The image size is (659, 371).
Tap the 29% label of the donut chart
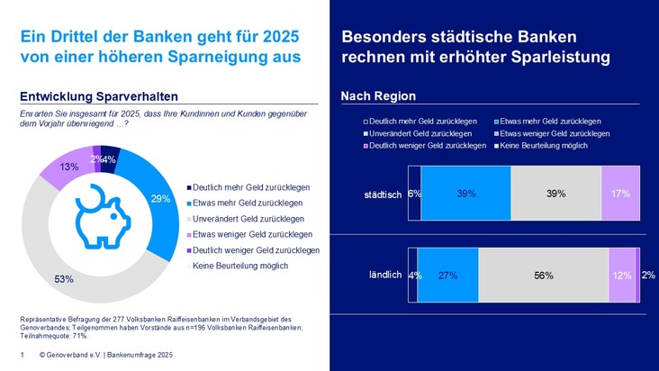(161, 199)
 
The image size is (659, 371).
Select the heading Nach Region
(377, 96)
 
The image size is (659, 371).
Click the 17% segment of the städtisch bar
(620, 193)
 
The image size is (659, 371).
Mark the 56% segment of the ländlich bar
(543, 276)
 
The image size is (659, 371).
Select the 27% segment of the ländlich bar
(447, 276)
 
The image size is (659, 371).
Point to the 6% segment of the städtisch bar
(414, 193)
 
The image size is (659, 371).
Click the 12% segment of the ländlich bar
(621, 276)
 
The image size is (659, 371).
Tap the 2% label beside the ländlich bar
(648, 276)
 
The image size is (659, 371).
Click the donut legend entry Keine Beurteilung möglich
(237, 267)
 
